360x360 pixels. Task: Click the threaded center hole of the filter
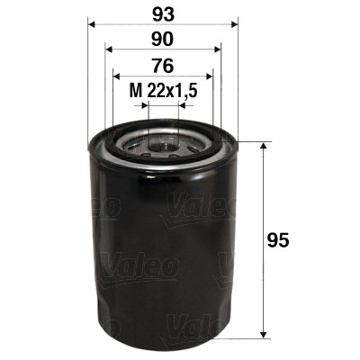[x=163, y=141]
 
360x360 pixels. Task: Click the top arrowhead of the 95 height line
[x=263, y=146]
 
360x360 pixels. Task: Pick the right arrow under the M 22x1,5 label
[x=184, y=104]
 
